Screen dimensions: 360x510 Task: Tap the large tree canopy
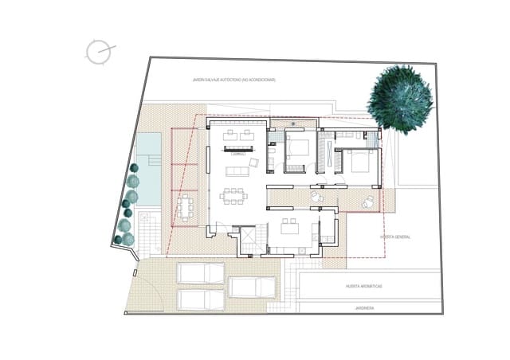401,99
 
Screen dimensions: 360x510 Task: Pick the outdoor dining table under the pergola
186,208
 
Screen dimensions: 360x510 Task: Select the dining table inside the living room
234,195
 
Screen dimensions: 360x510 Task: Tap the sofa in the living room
237,171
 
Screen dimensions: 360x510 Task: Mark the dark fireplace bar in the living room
237,149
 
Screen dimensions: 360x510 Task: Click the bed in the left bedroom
300,147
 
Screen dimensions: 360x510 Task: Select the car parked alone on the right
252,287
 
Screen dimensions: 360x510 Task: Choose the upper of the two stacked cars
201,273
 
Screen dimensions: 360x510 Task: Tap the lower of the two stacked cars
201,299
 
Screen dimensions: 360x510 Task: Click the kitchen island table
289,229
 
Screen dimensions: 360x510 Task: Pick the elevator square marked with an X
249,237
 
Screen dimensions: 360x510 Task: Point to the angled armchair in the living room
254,162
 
